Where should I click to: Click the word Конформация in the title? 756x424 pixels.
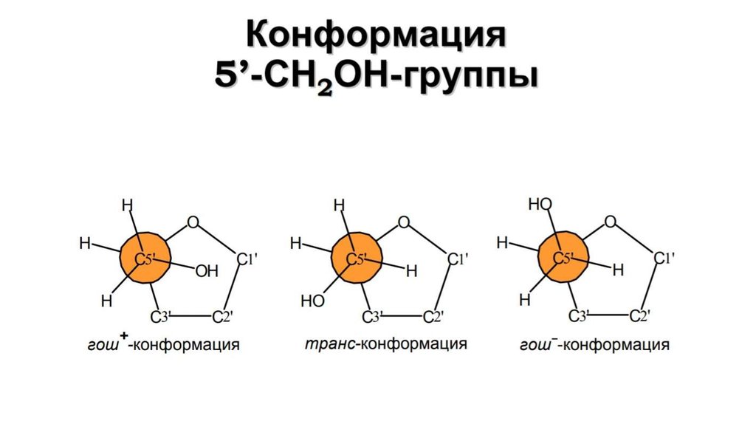(376, 35)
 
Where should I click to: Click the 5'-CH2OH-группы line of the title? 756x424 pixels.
(376, 77)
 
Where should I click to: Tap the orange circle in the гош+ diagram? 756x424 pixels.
(145, 258)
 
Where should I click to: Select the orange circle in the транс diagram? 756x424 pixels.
(357, 258)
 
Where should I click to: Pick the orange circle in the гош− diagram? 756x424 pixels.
(563, 258)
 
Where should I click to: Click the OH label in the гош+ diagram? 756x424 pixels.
(207, 271)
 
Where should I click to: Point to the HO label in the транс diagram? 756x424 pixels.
(312, 301)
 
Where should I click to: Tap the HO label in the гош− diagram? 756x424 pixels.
(540, 205)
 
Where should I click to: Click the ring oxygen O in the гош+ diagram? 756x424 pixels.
(193, 223)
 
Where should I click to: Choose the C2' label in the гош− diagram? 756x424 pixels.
(640, 316)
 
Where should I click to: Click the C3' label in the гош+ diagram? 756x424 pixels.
(160, 317)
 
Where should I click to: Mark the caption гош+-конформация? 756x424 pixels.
(163, 343)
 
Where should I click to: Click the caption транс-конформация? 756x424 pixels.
(385, 344)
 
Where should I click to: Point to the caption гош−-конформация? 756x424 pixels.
(594, 344)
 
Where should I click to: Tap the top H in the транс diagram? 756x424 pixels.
(339, 206)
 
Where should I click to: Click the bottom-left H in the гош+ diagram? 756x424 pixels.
(106, 301)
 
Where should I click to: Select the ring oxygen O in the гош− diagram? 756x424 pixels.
(611, 222)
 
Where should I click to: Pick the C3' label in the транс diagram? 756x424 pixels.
(372, 317)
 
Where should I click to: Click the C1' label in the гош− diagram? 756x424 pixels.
(664, 259)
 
